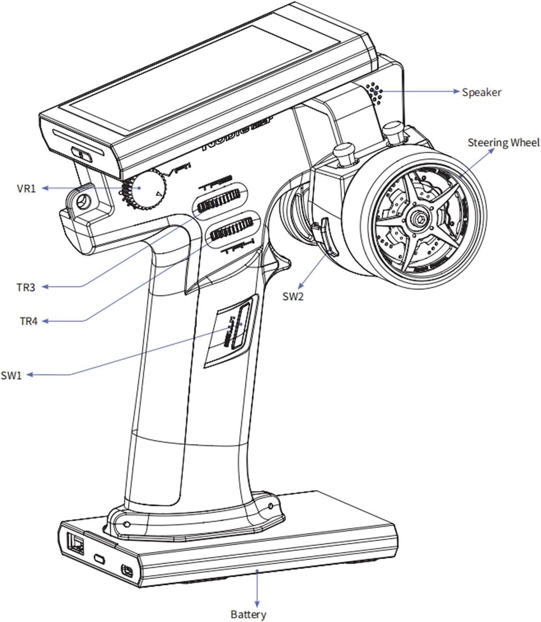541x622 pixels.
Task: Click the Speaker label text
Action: [481, 92]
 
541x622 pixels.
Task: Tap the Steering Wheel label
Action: [503, 143]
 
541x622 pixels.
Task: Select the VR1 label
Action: [26, 188]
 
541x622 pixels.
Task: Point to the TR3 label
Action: [26, 287]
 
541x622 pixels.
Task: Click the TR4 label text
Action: [28, 321]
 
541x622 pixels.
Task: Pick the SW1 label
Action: [12, 375]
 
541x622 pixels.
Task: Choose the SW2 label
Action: [293, 296]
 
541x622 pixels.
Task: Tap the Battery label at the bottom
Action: [248, 614]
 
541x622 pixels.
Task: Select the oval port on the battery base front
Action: [99, 559]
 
